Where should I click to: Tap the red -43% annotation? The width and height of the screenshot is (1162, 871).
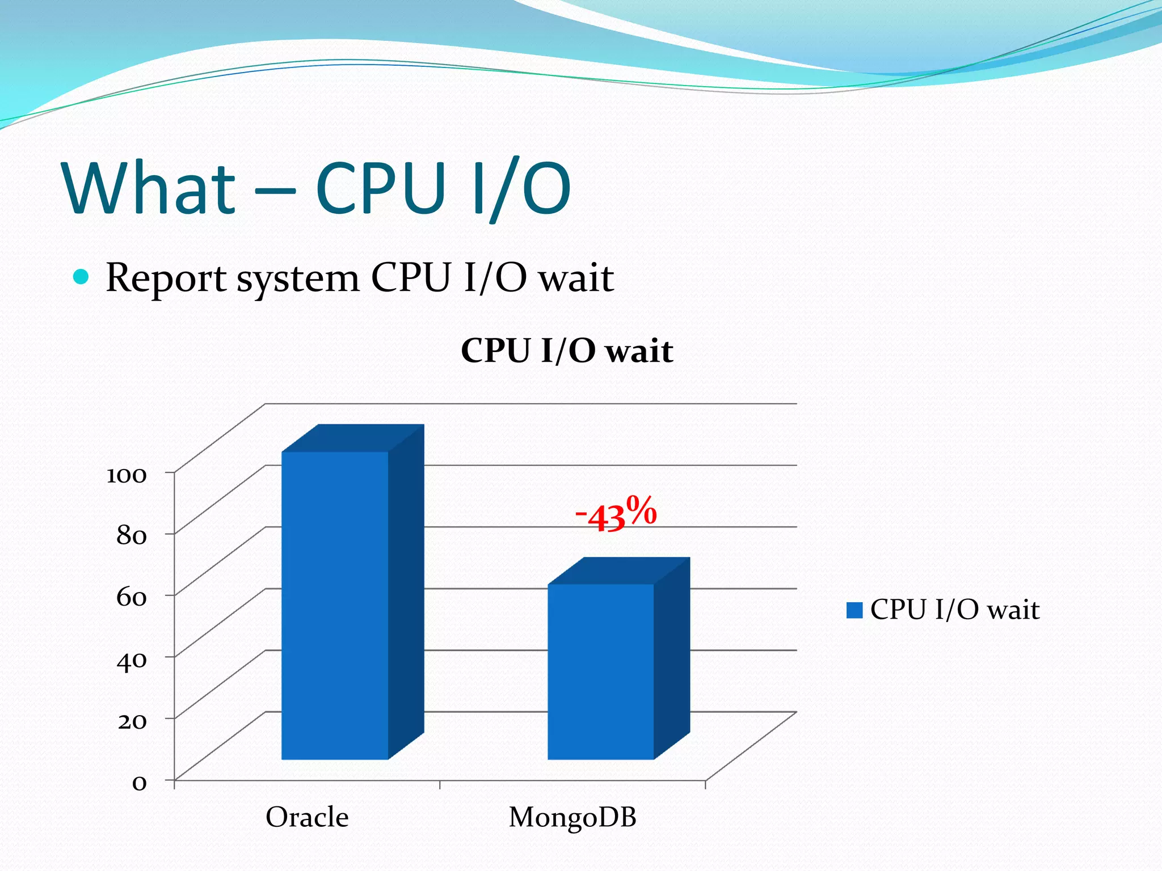click(616, 513)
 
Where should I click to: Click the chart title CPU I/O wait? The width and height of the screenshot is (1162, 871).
click(566, 350)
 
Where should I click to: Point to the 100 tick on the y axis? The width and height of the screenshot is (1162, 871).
click(127, 475)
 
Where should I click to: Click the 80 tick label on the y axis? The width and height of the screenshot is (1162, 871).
click(131, 535)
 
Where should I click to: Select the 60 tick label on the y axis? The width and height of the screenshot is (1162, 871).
click(131, 597)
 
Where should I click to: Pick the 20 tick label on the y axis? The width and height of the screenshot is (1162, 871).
click(132, 721)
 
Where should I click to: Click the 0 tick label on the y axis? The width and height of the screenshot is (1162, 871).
click(139, 783)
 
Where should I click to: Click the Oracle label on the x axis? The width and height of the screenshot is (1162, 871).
click(307, 817)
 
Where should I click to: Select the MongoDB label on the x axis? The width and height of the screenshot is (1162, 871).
click(572, 817)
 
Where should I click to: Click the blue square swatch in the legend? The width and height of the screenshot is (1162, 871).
click(854, 610)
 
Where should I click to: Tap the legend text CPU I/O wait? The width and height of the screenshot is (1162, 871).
click(954, 610)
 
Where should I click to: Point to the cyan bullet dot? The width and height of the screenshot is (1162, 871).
click(81, 277)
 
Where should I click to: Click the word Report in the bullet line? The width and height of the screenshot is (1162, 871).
click(166, 278)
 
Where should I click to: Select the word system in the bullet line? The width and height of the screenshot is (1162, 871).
click(298, 278)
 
